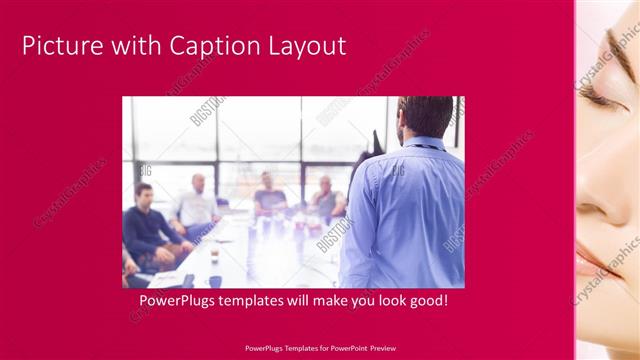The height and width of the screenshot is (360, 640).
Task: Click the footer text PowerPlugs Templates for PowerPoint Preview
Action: (319, 348)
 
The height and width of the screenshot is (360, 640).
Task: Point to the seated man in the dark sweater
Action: (147, 225)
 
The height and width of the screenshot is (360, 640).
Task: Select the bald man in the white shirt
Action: (197, 205)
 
